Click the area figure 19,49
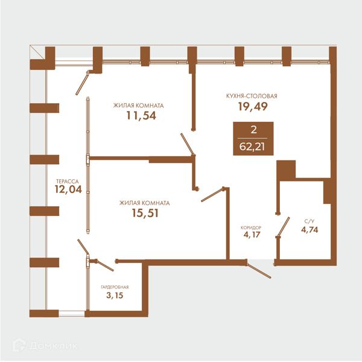pyautogui.click(x=253, y=106)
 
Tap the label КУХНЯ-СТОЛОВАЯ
pyautogui.click(x=252, y=96)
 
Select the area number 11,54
pyautogui.click(x=141, y=115)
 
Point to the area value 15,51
pyautogui.click(x=145, y=213)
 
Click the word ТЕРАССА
pyautogui.click(x=68, y=182)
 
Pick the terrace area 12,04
pyautogui.click(x=68, y=189)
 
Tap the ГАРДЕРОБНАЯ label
pyautogui.click(x=115, y=287)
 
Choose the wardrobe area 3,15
pyautogui.click(x=115, y=295)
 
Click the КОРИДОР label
pyautogui.click(x=251, y=227)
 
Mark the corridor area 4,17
pyautogui.click(x=252, y=235)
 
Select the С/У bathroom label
pyautogui.click(x=310, y=221)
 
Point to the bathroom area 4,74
pyautogui.click(x=310, y=230)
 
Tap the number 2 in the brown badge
pyautogui.click(x=254, y=130)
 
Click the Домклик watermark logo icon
pyautogui.click(x=19, y=345)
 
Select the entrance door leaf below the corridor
pyautogui.click(x=259, y=271)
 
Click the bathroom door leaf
pyautogui.click(x=284, y=226)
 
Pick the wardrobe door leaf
pyautogui.click(x=106, y=265)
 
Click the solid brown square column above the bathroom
pyautogui.click(x=286, y=170)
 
